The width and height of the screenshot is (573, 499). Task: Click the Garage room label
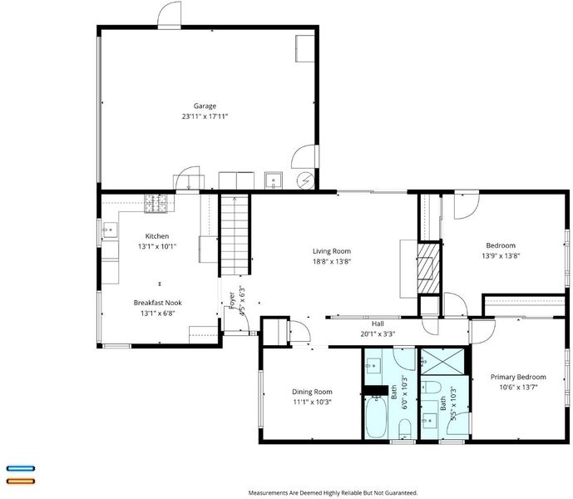click(x=205, y=106)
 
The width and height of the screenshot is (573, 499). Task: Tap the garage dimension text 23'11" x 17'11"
click(x=205, y=116)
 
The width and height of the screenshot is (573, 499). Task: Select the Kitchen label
click(x=157, y=236)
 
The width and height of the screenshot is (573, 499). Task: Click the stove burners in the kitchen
click(x=156, y=203)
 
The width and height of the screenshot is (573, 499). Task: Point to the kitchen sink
click(x=109, y=230)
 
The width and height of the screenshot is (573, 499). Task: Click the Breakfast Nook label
click(x=157, y=303)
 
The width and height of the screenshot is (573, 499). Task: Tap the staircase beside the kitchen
click(x=235, y=235)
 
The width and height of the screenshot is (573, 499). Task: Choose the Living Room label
click(x=332, y=251)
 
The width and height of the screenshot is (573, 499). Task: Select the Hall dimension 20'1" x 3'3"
click(x=378, y=333)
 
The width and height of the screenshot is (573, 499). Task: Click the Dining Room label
click(x=312, y=392)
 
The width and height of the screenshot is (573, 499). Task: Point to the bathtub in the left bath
click(x=376, y=417)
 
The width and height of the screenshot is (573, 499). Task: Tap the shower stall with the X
click(x=442, y=361)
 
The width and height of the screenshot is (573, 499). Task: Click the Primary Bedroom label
click(x=518, y=377)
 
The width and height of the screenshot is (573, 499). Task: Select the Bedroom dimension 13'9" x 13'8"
click(x=501, y=256)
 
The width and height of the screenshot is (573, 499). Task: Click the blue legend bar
click(x=21, y=468)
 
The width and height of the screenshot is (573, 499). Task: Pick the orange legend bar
click(x=21, y=481)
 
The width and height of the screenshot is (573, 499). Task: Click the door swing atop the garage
click(x=169, y=15)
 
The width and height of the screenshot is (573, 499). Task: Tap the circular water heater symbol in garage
click(x=305, y=180)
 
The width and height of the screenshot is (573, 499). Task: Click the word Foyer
click(x=232, y=300)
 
